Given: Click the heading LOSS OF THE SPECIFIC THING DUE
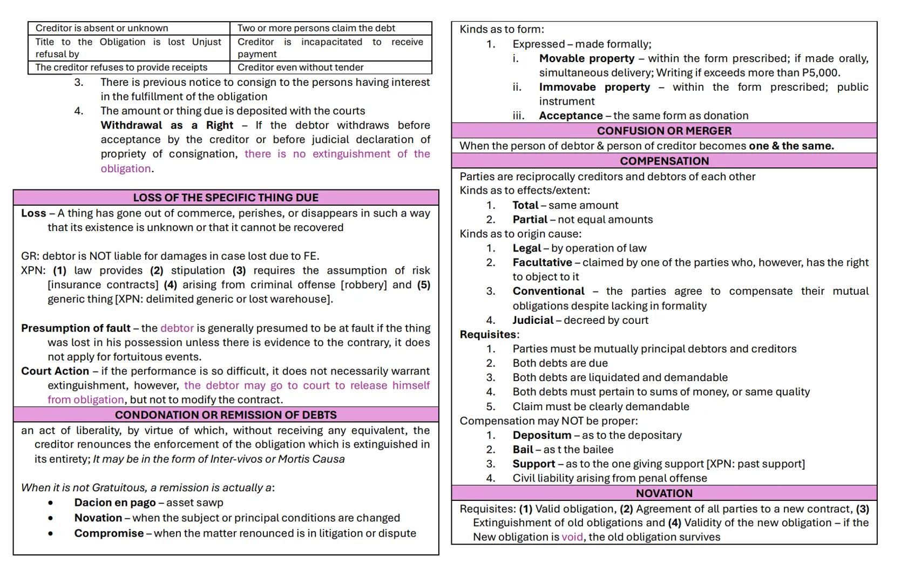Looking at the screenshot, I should (226, 198).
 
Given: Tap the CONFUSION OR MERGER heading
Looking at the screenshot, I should (664, 131).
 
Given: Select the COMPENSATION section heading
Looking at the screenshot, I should (664, 161).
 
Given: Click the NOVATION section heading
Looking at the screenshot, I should (664, 493).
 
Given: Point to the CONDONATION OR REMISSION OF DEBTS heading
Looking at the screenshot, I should (226, 415).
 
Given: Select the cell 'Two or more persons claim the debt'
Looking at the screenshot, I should (316, 28).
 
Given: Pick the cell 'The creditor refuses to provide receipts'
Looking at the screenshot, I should (121, 67).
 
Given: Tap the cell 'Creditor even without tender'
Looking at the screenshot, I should (300, 67).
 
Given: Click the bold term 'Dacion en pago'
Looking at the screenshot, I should (115, 503).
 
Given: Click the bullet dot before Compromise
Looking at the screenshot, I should (51, 533).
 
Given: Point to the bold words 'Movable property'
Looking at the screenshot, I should (586, 58).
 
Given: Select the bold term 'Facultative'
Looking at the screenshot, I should (542, 262).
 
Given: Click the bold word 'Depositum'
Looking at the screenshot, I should (541, 435).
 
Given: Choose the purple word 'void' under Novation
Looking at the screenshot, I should (572, 537).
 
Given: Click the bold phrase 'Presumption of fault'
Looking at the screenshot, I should (76, 328).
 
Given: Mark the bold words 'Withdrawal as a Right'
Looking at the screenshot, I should (167, 125).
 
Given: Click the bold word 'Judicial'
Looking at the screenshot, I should (533, 320).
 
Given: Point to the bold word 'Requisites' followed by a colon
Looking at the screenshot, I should (488, 335).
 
